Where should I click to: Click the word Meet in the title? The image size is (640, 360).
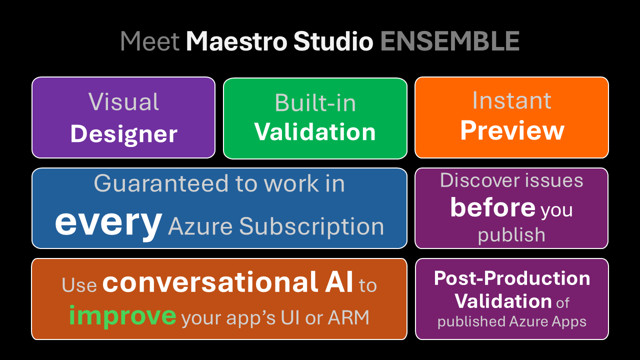coord(150,41)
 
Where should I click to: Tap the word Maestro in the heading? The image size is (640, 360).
coord(236,41)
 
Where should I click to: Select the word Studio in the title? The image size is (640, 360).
coord(333,41)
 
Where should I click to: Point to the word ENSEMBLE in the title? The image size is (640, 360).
coord(450,41)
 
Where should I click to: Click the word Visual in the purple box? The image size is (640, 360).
coord(123,101)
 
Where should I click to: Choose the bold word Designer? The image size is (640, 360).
coord(123,134)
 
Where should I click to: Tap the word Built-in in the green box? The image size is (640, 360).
coord(315,103)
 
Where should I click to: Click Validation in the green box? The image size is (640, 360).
coord(315,132)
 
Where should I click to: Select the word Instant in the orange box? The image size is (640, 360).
coord(511,100)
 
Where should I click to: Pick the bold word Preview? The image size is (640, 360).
coord(512,131)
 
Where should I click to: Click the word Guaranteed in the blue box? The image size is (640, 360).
coord(161,183)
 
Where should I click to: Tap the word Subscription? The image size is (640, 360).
coord(311,227)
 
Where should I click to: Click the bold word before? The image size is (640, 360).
coord(493,207)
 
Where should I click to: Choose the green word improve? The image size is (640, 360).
coord(122,316)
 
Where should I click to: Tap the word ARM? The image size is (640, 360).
coord(348,317)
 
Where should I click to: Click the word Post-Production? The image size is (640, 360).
coord(512,278)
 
